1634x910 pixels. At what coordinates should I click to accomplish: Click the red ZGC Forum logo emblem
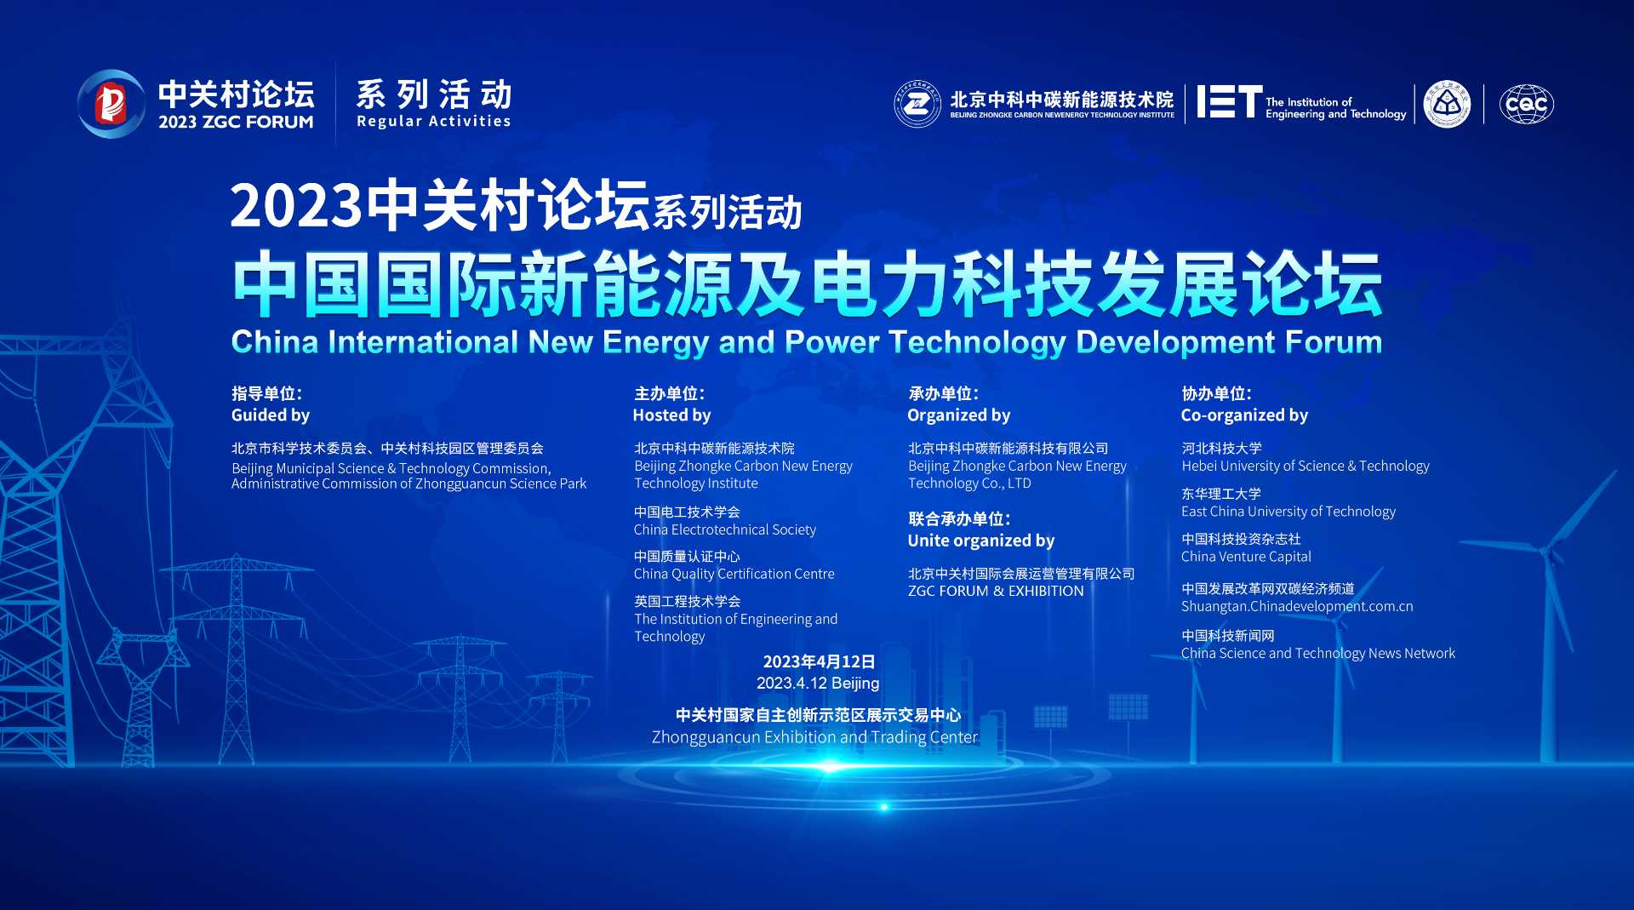coord(111,104)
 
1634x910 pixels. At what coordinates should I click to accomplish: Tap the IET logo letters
coord(1229,102)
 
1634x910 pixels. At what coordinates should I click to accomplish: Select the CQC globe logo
coord(1526,105)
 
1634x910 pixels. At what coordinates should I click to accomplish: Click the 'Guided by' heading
coord(271,415)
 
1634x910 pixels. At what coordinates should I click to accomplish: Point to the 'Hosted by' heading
coord(671,415)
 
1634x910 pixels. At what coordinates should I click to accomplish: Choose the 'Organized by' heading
coord(958,415)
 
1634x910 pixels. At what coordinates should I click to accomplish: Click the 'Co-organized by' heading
coord(1244,415)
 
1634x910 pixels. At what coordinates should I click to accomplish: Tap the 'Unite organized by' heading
coord(980,541)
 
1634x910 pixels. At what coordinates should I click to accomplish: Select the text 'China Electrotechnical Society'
coord(724,529)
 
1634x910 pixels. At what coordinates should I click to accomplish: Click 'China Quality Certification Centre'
coord(734,574)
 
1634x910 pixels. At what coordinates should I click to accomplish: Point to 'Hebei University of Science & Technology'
coord(1305,466)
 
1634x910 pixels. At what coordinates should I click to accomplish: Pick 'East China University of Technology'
coord(1288,511)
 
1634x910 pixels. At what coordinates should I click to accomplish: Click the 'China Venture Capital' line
coord(1246,556)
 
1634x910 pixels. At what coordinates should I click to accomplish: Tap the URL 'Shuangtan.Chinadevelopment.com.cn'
coord(1296,606)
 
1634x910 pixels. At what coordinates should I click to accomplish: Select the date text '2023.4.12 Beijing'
coord(817,683)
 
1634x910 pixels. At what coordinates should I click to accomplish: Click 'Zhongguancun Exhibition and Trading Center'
coord(814,737)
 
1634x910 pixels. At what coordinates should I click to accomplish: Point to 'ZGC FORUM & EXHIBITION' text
coord(996,591)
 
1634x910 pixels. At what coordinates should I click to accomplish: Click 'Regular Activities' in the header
coord(433,121)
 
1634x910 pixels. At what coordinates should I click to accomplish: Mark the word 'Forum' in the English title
coord(1333,342)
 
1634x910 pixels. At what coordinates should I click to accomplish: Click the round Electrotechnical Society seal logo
coord(1447,105)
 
